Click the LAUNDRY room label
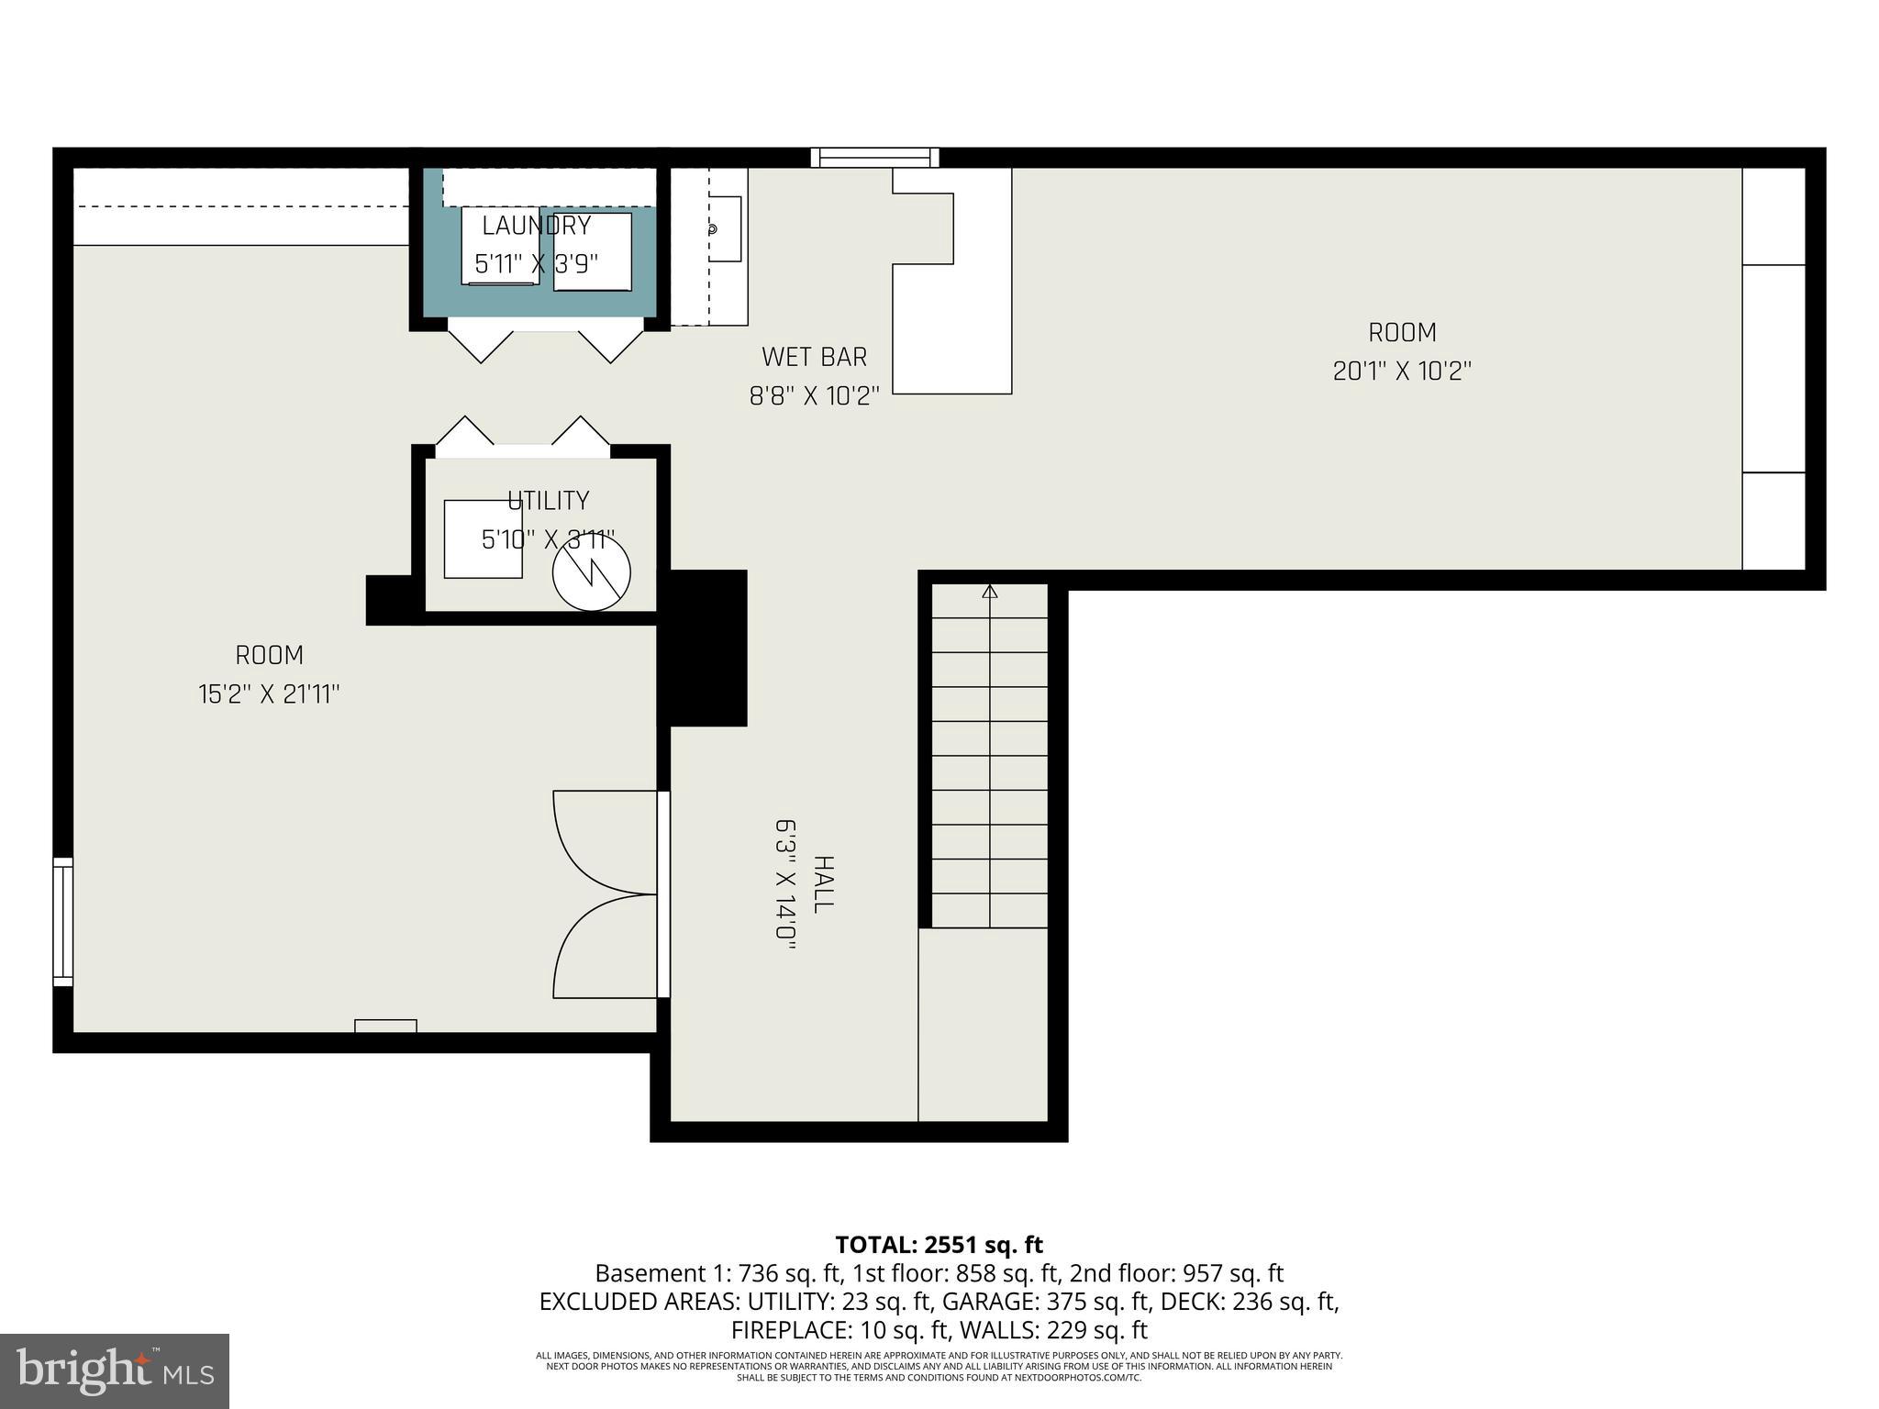coord(537,226)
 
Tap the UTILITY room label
coord(548,501)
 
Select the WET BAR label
coord(814,357)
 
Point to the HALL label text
coord(823,884)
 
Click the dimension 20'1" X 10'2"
coord(1401,372)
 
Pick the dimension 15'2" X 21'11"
coord(269,694)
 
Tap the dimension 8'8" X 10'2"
coord(814,396)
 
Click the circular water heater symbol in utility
coord(592,572)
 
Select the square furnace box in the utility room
coord(483,539)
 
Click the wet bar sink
coord(724,229)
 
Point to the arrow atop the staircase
coord(989,593)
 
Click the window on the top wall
coord(875,158)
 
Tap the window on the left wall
coord(62,922)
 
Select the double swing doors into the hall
coord(606,894)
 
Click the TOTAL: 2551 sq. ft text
coord(939,1245)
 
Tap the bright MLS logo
coord(115,1371)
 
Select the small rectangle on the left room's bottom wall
coord(385,1026)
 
